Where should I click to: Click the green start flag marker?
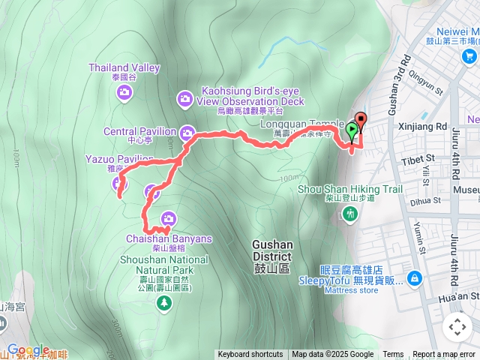pos(352,130)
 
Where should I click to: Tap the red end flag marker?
pos(361,120)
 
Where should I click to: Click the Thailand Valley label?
pos(124,67)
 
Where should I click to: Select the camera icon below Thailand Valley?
pos(124,92)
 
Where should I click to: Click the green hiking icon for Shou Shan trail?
pos(349,214)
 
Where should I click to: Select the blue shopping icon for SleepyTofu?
pos(415,279)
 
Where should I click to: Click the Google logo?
pos(28,349)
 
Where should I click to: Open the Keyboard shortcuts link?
pos(250,355)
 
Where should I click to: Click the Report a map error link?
pos(445,355)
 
